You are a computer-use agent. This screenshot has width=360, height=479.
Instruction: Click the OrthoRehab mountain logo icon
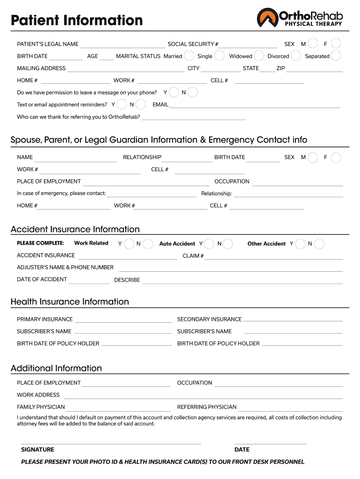267,18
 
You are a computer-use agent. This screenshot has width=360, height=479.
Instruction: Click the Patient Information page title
77,20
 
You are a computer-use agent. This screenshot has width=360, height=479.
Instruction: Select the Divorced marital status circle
296,56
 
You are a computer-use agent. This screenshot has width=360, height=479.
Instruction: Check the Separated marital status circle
336,56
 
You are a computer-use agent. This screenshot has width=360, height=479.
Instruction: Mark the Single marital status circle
219,56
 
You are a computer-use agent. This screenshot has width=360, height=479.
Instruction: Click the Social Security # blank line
248,47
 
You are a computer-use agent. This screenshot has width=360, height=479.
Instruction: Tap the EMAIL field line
254,107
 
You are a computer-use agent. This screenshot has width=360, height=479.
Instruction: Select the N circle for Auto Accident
228,244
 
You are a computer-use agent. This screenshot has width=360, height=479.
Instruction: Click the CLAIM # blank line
274,258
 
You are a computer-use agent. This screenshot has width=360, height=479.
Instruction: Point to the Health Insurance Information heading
70,302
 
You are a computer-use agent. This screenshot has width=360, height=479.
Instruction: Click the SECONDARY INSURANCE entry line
293,322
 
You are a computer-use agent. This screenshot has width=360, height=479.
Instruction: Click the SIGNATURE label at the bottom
37,450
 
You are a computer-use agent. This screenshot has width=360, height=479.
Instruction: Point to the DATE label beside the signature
242,450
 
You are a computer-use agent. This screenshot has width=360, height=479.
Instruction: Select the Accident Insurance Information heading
75,229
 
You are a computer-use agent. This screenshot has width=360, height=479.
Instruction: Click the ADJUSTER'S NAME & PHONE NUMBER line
231,270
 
